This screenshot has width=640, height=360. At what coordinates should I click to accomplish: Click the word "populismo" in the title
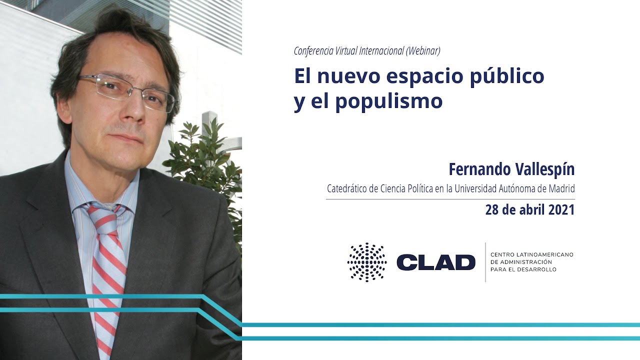pyautogui.click(x=388, y=101)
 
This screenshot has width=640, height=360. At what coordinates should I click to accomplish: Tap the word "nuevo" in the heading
pyautogui.click(x=349, y=76)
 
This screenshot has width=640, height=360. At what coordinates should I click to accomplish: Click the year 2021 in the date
pyautogui.click(x=561, y=209)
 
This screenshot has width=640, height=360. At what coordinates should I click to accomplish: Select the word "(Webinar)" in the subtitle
pyautogui.click(x=422, y=50)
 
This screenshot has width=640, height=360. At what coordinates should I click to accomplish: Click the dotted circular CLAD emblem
pyautogui.click(x=367, y=262)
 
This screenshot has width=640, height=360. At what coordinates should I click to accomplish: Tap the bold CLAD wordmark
pyautogui.click(x=435, y=262)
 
